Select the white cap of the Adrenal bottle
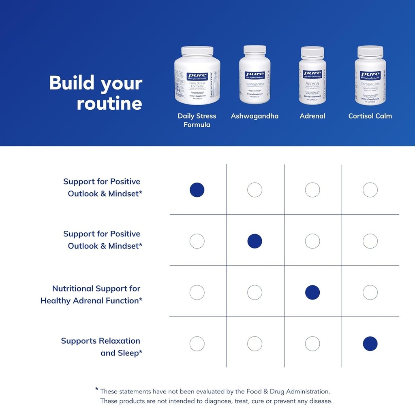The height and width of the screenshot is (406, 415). (x=312, y=51)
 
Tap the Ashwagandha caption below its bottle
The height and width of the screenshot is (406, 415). (x=255, y=116)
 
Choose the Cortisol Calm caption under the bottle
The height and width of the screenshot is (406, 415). (x=370, y=116)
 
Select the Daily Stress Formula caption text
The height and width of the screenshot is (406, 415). (x=197, y=120)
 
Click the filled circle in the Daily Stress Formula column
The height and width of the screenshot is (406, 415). (x=197, y=190)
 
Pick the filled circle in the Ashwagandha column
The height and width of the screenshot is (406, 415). (x=255, y=241)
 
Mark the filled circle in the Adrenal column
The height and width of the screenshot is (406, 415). (x=312, y=292)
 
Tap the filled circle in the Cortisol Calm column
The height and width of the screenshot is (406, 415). (x=370, y=344)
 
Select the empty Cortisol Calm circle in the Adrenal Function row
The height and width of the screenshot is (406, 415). (x=370, y=292)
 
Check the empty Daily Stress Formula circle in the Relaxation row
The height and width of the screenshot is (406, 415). (x=197, y=344)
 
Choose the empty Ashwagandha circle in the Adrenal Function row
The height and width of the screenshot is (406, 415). (x=255, y=292)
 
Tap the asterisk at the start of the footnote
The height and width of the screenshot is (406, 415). (x=97, y=389)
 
